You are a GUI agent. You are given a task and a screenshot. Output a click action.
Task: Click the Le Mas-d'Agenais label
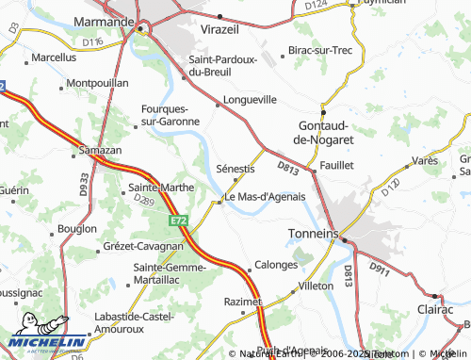[265, 196]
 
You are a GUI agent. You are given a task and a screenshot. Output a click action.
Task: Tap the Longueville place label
[250, 98]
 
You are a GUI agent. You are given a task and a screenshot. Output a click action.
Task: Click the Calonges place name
[276, 265]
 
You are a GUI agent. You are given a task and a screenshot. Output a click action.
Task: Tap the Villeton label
[316, 284]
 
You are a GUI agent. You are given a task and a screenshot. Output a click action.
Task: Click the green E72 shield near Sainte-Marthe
[179, 221]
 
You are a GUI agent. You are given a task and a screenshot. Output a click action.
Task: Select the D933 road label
[85, 181]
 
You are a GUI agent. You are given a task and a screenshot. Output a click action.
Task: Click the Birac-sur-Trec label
[320, 48]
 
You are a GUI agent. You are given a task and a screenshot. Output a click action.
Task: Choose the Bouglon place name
[77, 228]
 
